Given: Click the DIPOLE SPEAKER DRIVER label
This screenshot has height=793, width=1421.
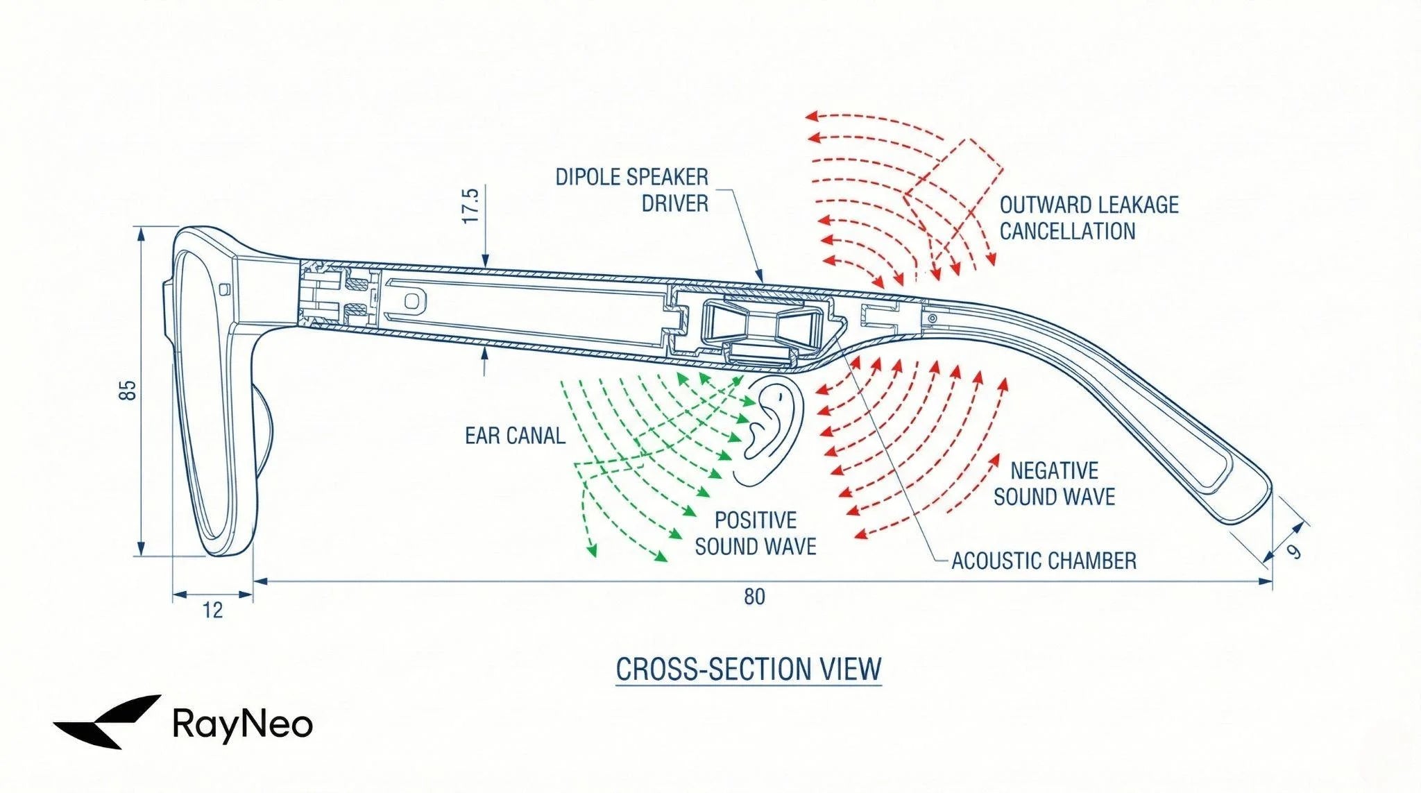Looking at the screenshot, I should coord(631,190).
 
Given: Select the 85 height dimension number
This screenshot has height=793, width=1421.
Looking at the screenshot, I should coord(128,390).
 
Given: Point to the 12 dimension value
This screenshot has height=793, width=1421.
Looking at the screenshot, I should coord(212,611).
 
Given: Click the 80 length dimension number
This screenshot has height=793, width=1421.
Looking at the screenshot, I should coord(754,597).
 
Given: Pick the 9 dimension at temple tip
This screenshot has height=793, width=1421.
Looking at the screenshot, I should coord(1293,552).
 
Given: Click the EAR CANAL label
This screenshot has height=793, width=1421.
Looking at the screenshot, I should coord(515,436).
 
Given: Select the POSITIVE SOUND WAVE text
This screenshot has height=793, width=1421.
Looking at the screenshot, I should coord(755,534).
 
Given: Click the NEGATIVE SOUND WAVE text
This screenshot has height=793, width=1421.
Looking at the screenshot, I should coord(1054,484).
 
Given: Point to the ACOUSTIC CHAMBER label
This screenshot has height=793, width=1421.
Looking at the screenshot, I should coord(1044,561).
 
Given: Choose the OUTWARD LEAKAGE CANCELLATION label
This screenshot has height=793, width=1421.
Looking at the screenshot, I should coord(1089,218).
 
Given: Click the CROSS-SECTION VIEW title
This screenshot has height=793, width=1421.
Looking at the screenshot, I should coord(748,670).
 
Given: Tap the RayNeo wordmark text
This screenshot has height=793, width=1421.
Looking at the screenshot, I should coord(242,724).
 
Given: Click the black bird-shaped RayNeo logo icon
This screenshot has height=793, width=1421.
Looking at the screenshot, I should coord(108,722).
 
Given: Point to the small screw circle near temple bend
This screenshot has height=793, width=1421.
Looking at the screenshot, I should coord(932,318).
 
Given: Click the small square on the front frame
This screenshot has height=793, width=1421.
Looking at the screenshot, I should coord(223,289).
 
